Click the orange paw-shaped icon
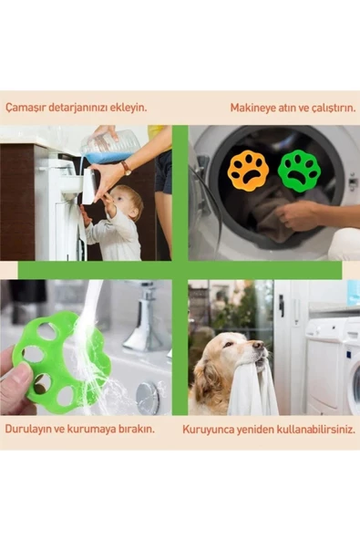(249, 171)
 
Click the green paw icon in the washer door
(298, 170)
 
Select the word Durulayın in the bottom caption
(28, 427)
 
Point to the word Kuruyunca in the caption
(205, 427)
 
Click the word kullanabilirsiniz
(309, 427)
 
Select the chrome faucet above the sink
(146, 319)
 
